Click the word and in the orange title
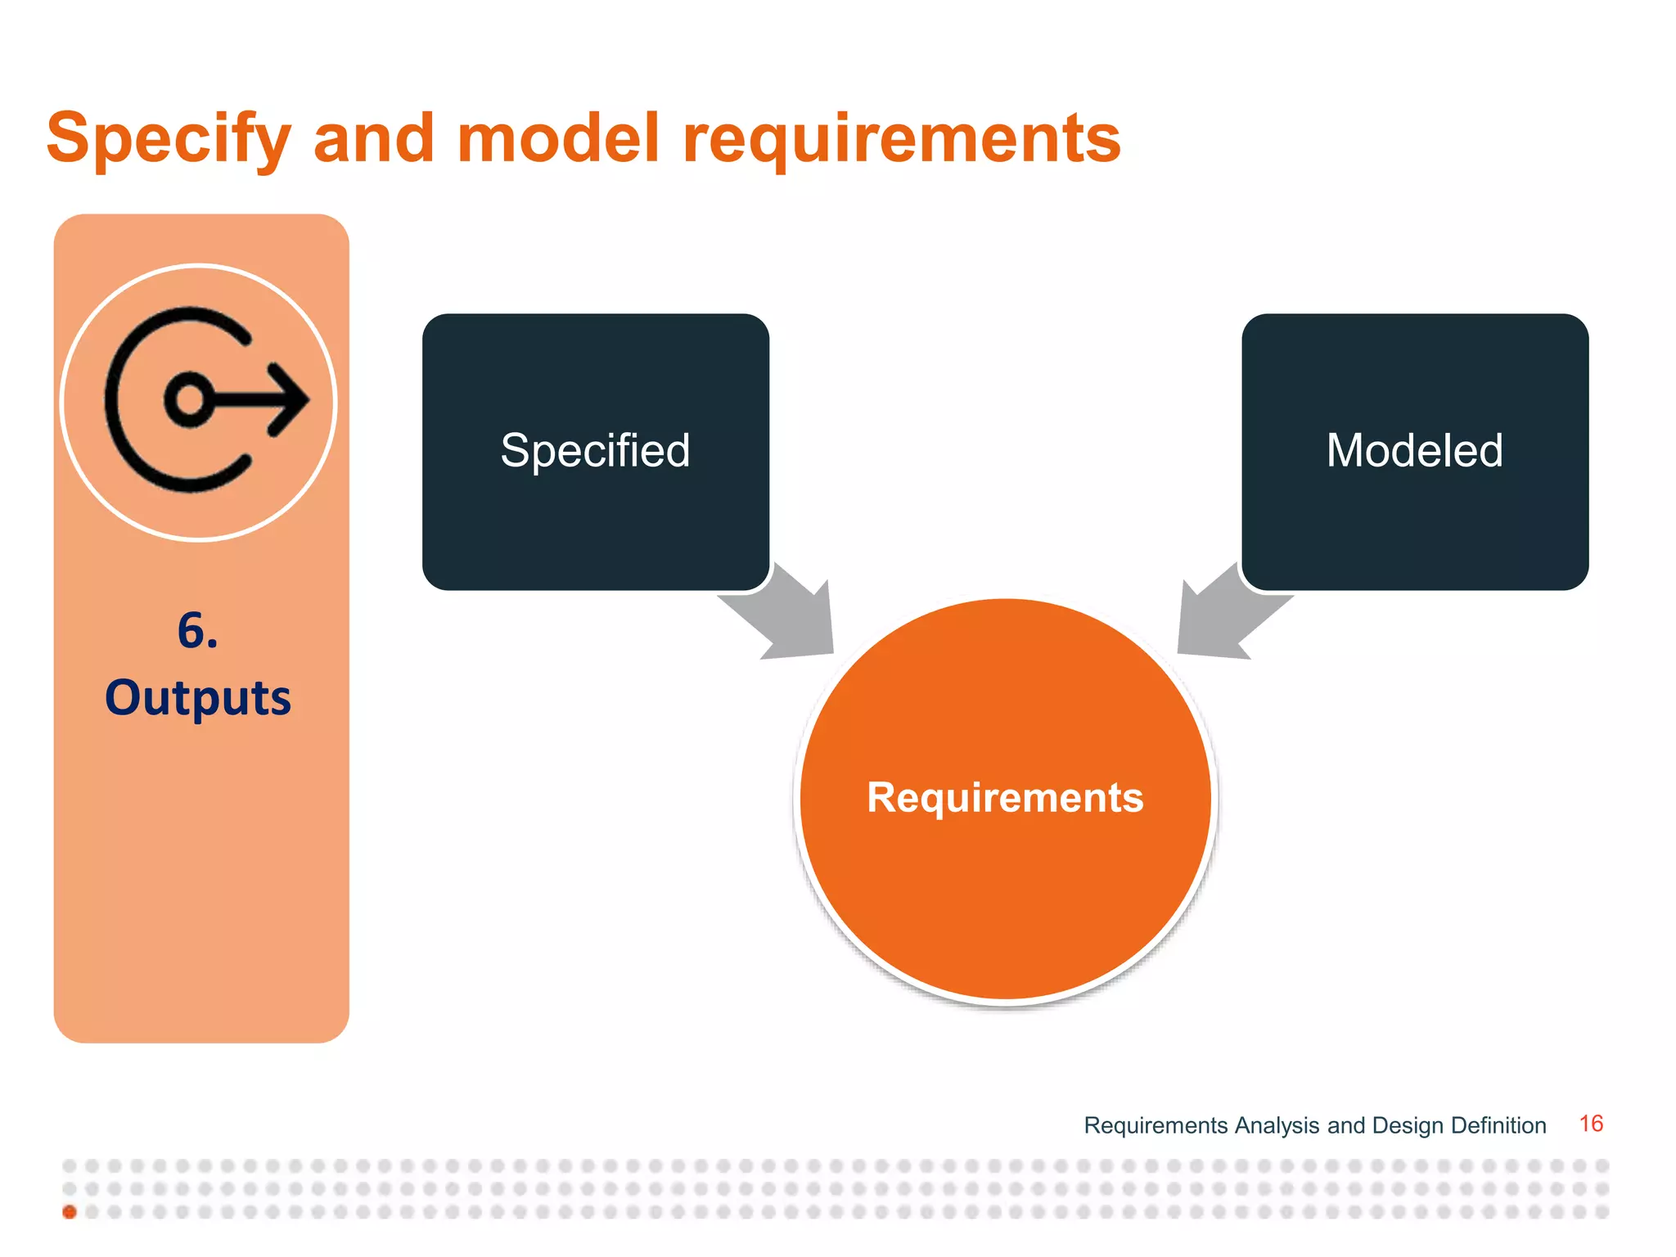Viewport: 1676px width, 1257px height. click(x=373, y=137)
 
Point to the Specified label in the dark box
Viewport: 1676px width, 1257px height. click(x=595, y=451)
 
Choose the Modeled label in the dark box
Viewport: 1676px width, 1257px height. click(x=1414, y=451)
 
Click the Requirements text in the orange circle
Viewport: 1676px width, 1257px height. click(x=1005, y=797)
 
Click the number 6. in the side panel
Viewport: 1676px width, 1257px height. click(x=198, y=632)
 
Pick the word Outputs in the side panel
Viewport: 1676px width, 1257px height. click(x=198, y=698)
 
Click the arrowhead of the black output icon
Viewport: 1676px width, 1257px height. click(x=291, y=400)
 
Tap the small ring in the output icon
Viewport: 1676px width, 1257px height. click(x=190, y=400)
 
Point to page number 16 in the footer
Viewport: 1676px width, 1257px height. click(x=1590, y=1124)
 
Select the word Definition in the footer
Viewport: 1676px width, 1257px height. click(x=1498, y=1126)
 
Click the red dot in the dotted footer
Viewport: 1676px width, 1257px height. click(x=70, y=1212)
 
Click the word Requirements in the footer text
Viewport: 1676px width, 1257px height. click(x=1156, y=1126)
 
